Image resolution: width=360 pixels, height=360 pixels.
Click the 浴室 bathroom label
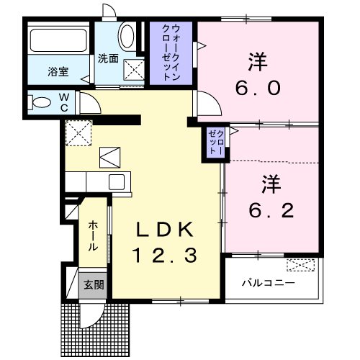coord(58,71)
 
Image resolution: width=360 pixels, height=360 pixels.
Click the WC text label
coord(63,101)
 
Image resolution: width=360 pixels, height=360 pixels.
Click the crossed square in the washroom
coord(134,70)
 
